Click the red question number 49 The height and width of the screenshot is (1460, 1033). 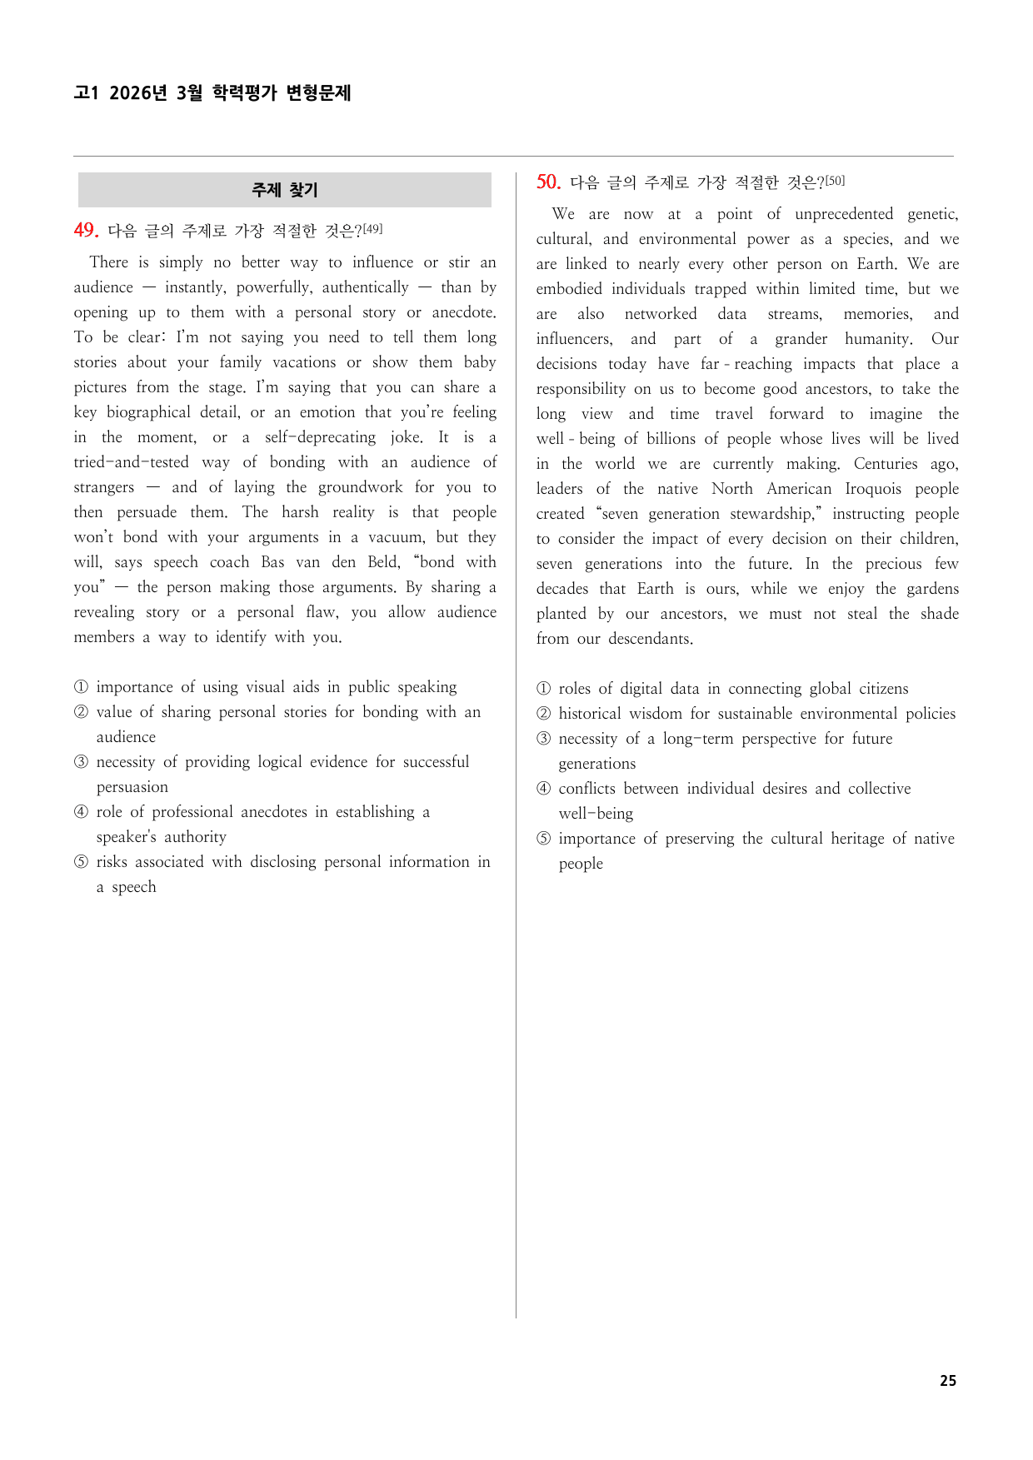point(86,230)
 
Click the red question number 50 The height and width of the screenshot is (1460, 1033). point(548,182)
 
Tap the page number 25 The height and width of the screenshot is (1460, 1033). point(948,1380)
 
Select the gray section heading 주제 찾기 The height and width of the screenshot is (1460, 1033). point(285,190)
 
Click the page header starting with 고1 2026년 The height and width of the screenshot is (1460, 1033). point(212,92)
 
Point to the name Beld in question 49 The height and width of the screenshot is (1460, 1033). point(383,562)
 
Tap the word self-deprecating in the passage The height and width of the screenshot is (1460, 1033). point(320,437)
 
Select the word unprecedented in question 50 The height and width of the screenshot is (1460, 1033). point(844,214)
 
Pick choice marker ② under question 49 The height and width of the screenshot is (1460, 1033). point(81,712)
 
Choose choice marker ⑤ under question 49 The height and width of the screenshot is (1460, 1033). point(81,862)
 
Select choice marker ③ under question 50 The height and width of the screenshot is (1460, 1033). point(544,739)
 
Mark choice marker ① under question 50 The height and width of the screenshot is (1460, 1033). point(544,689)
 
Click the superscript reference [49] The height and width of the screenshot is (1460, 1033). point(372,228)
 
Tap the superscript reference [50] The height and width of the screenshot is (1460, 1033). point(835,180)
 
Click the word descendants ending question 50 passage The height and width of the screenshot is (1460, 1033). point(650,639)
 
